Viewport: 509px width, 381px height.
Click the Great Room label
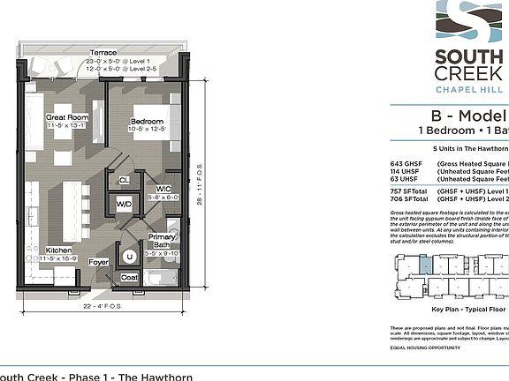[66, 116]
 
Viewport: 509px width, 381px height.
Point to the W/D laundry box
[124, 205]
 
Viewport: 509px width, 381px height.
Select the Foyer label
[98, 262]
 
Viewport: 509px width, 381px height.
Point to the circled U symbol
[130, 257]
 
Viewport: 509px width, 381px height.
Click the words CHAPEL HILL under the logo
[471, 89]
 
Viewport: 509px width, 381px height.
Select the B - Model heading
[467, 116]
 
